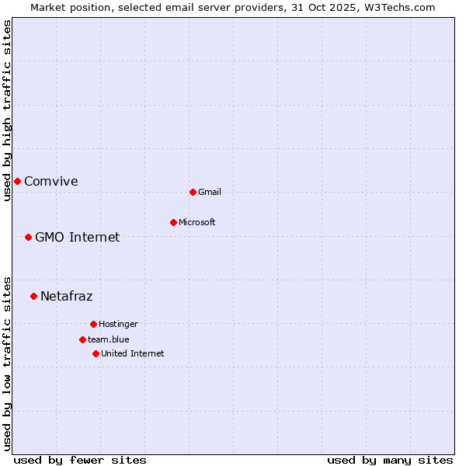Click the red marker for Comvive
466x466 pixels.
pyautogui.click(x=17, y=181)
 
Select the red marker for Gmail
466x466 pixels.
pyautogui.click(x=193, y=192)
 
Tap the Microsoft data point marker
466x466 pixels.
pyautogui.click(x=173, y=222)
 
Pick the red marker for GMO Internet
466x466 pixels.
pyautogui.click(x=28, y=237)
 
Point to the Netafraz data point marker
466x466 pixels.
pyautogui.click(x=33, y=296)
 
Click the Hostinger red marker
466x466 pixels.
pyautogui.click(x=93, y=324)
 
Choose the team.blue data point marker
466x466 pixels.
pyautogui.click(x=82, y=339)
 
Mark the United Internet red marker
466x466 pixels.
pyautogui.click(x=96, y=353)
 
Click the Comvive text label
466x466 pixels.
pyautogui.click(x=51, y=181)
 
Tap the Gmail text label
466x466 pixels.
pyautogui.click(x=210, y=192)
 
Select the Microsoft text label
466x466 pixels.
pyautogui.click(x=197, y=222)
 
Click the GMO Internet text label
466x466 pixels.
pyautogui.click(x=78, y=237)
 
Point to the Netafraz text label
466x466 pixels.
pyautogui.click(x=67, y=296)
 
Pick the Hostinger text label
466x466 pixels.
pyautogui.click(x=118, y=324)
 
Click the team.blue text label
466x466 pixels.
pyautogui.click(x=109, y=339)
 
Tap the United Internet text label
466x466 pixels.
pyautogui.click(x=133, y=353)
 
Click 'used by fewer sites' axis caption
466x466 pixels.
pyautogui.click(x=80, y=460)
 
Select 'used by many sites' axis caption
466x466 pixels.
pyautogui.click(x=390, y=460)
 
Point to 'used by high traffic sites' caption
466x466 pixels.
pyautogui.click(x=7, y=110)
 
